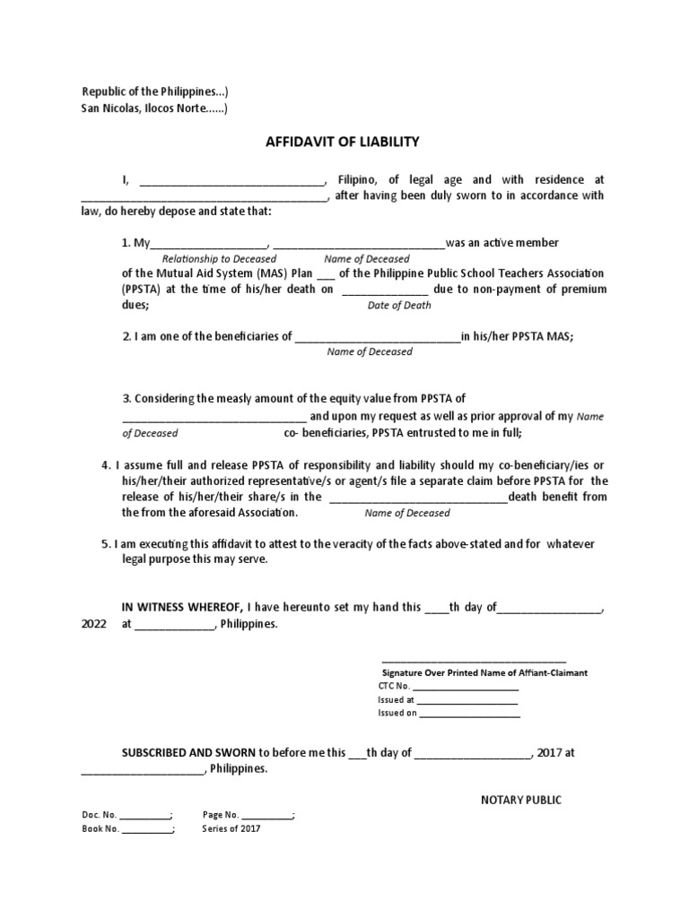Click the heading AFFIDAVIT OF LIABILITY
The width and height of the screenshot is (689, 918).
[341, 142]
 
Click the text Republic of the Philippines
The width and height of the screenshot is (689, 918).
[150, 92]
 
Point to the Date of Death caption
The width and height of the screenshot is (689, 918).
[399, 305]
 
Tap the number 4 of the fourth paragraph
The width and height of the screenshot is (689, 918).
[106, 465]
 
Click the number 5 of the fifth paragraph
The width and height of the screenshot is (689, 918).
[106, 544]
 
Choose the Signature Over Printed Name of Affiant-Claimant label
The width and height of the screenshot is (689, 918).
[484, 672]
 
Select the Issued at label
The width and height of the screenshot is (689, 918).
[396, 700]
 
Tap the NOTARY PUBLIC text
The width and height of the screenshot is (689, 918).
[520, 800]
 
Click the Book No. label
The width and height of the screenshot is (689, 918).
[100, 829]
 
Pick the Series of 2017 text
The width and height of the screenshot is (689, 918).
[232, 829]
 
